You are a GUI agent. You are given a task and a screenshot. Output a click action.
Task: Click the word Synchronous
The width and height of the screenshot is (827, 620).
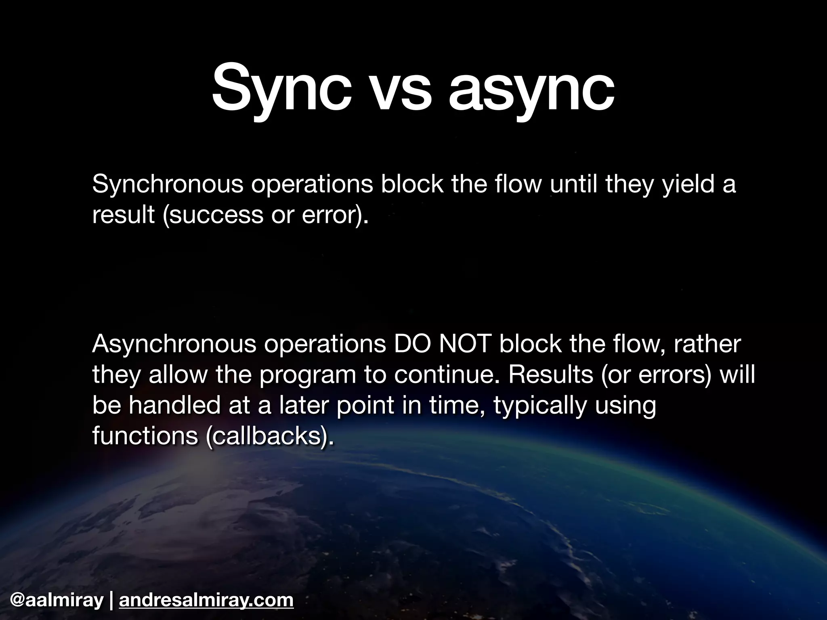point(168,185)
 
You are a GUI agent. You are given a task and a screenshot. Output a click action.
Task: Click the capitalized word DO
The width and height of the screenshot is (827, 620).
point(412,344)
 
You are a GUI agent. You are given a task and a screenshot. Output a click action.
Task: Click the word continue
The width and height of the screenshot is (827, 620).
point(447,375)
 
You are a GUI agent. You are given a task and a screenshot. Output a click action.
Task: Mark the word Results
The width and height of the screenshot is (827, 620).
point(551,375)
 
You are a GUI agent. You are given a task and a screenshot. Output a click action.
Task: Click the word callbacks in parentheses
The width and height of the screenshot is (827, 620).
point(266,436)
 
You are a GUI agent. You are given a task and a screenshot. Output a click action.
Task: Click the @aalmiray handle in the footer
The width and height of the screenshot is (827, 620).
point(57,600)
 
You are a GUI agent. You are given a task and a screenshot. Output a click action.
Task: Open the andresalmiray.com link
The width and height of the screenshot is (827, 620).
point(206,600)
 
